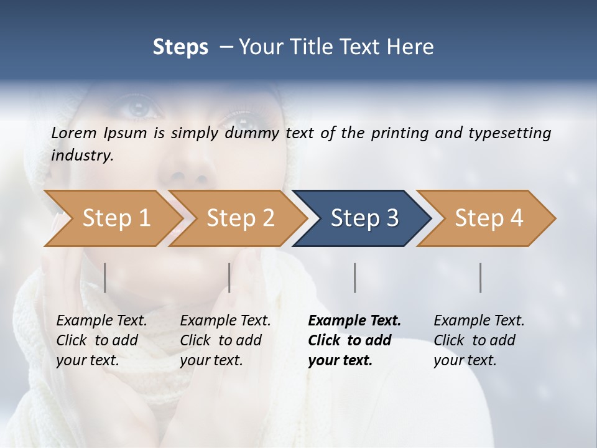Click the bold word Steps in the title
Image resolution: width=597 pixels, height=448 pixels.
point(180,47)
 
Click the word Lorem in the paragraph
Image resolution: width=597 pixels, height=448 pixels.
point(74,133)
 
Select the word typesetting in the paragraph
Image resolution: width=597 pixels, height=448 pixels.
point(506,133)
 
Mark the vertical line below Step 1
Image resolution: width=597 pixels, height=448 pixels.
point(105,278)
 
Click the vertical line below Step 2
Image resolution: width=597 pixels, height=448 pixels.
point(229,278)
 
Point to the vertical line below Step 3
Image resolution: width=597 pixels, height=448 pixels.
point(355,278)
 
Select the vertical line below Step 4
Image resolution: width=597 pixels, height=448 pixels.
point(481,278)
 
